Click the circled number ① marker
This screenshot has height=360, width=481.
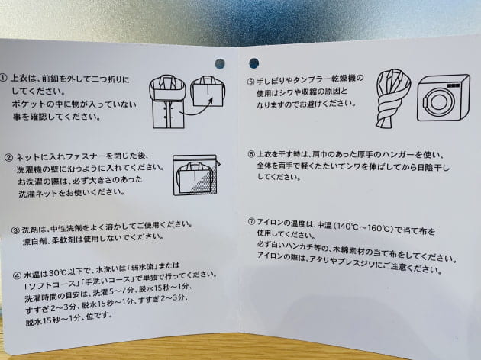(x=3, y=78)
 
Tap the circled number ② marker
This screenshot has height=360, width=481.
(x=8, y=157)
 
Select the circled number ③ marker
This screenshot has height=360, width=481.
(x=15, y=230)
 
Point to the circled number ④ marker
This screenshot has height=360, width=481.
(x=17, y=275)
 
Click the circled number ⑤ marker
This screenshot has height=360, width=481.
(x=250, y=82)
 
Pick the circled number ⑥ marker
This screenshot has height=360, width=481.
(x=251, y=154)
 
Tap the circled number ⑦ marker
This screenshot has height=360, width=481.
(x=251, y=221)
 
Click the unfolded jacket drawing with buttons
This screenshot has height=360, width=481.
(x=167, y=101)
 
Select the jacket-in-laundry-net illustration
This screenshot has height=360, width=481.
(x=196, y=175)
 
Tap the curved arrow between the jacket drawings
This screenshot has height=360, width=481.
(x=197, y=110)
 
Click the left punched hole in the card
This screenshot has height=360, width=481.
(x=220, y=64)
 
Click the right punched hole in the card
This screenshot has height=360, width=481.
(x=253, y=63)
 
